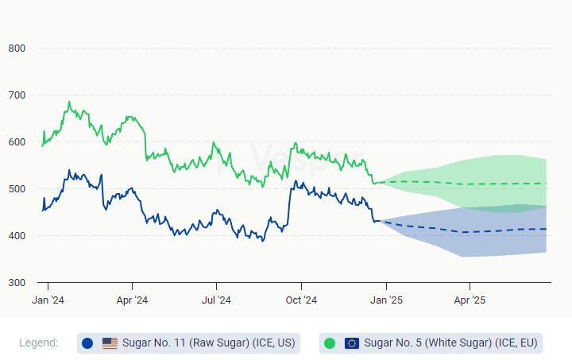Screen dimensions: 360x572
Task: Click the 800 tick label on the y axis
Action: click(17, 48)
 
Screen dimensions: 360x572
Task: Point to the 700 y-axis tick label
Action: click(17, 95)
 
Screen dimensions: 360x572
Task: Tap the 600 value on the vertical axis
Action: click(17, 142)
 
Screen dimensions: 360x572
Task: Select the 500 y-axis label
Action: click(17, 189)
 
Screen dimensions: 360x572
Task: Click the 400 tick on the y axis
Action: click(17, 236)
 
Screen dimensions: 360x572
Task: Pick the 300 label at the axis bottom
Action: click(17, 283)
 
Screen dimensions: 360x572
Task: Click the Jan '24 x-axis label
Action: click(48, 300)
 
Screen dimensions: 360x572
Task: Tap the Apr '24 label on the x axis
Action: click(132, 300)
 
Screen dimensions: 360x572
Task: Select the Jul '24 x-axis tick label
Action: click(216, 300)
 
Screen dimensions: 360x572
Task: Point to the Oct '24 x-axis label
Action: click(301, 300)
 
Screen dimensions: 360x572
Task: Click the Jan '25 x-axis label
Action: click(385, 300)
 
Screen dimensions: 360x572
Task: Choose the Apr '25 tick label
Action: click(469, 300)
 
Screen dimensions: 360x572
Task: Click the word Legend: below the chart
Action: click(39, 343)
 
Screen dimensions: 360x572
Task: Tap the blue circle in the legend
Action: click(87, 343)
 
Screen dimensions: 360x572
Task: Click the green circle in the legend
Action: click(330, 343)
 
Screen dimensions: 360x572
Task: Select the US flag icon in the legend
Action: click(110, 343)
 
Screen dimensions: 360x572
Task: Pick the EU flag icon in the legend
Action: click(352, 343)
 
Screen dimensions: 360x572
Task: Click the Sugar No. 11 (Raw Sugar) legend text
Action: click(208, 343)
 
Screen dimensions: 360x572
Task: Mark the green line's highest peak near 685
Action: click(69, 102)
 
